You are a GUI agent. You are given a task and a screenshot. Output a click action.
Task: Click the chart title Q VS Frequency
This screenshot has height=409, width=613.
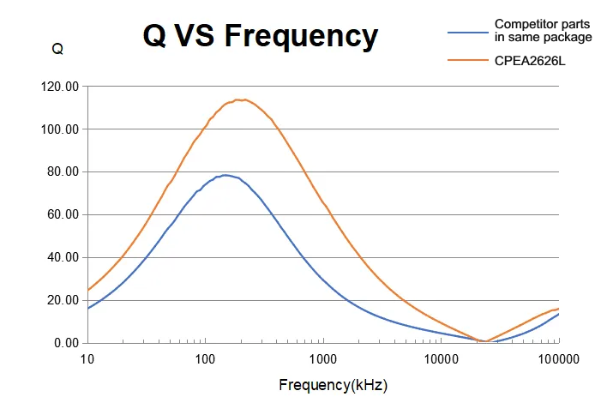(x=260, y=36)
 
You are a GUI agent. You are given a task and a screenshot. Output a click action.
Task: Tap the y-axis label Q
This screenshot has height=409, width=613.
(x=57, y=49)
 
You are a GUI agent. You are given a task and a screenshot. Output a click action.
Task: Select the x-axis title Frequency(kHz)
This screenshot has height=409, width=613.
(x=334, y=385)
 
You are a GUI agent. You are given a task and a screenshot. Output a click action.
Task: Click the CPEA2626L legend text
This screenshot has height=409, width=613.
(x=531, y=60)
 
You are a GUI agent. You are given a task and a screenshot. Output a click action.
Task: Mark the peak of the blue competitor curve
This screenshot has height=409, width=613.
(x=225, y=175)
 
